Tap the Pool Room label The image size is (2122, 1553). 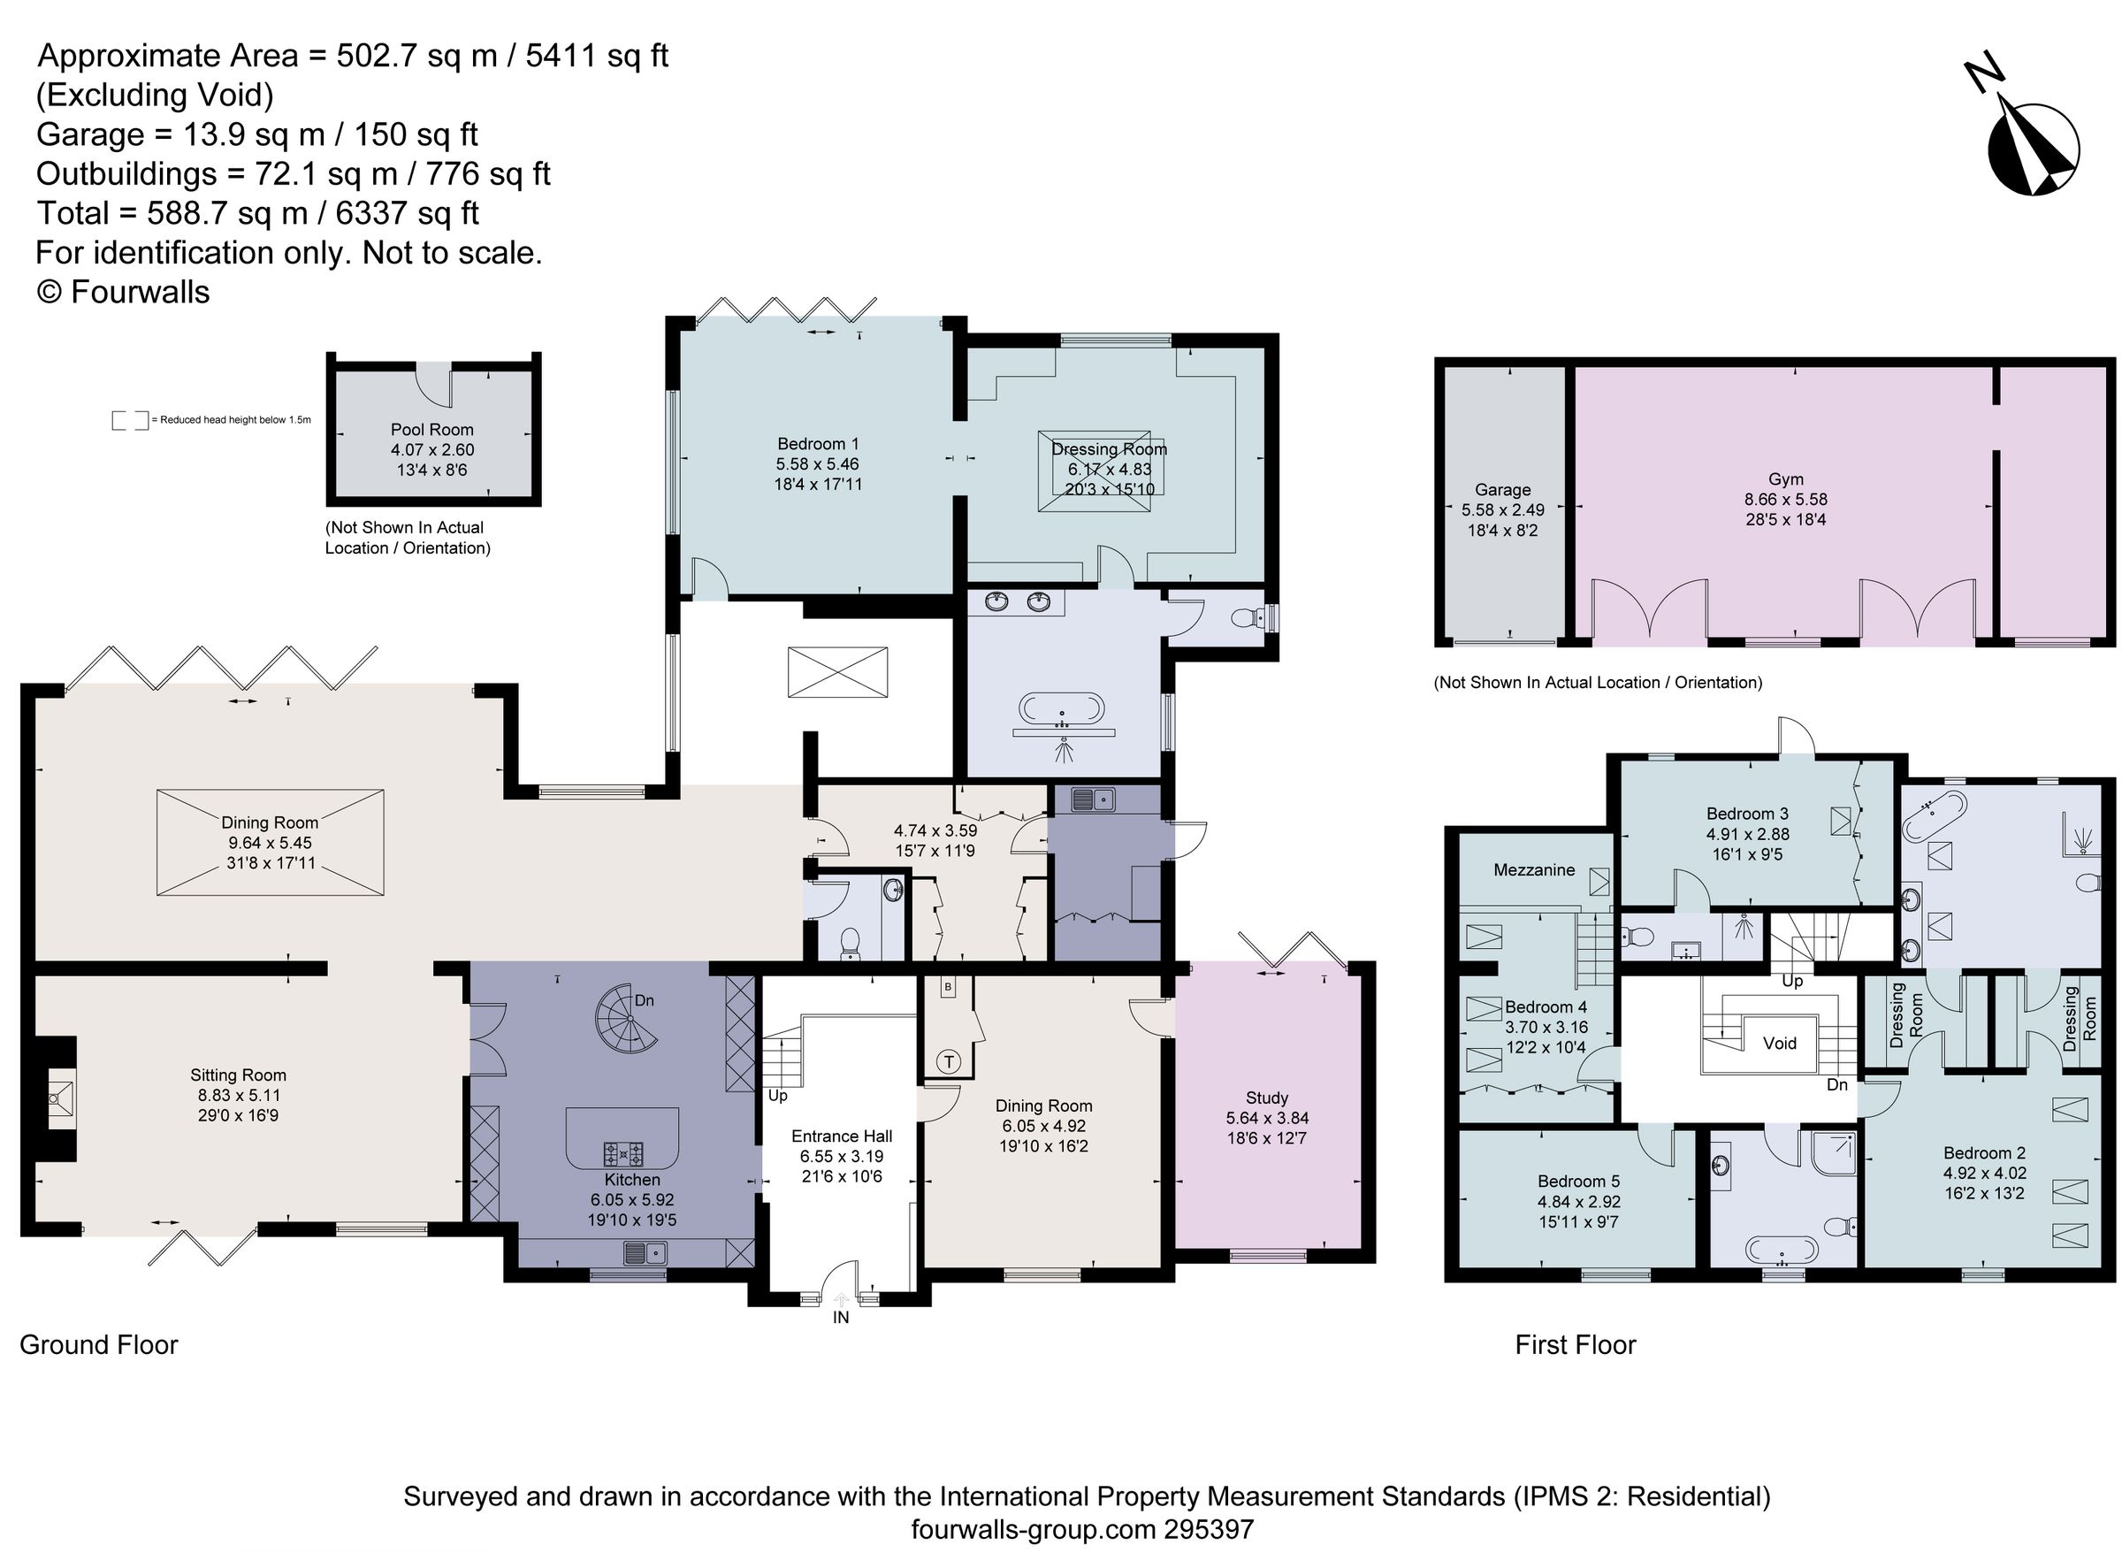[x=431, y=430]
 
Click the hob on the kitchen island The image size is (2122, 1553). [x=623, y=1151]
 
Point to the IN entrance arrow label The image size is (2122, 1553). [x=840, y=1317]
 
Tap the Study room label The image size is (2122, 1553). [x=1266, y=1097]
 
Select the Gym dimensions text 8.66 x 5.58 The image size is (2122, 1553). [x=1784, y=499]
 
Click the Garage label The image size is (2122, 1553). [x=1501, y=489]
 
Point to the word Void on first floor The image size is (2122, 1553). [x=1779, y=1043]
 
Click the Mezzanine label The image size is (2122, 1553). [x=1534, y=869]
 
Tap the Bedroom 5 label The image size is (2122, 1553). [x=1579, y=1181]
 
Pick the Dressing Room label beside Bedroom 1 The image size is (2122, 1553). [x=1109, y=449]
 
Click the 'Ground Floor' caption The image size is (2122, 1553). [x=99, y=1344]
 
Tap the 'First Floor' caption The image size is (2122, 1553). [x=1575, y=1344]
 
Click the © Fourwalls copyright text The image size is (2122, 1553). [x=123, y=293]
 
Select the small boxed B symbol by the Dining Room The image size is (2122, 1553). [x=948, y=987]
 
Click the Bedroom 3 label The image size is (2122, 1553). [x=1747, y=813]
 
